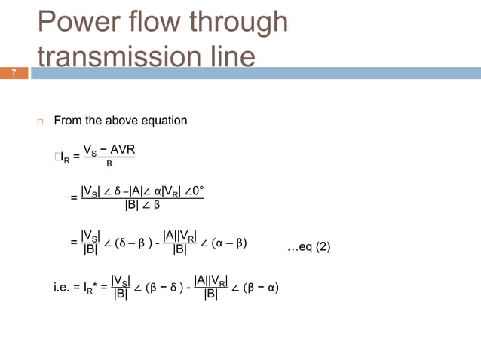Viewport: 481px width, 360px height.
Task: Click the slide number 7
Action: (x=13, y=73)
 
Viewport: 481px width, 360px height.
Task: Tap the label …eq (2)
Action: (x=309, y=246)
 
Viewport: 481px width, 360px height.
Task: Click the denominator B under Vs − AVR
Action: (x=109, y=163)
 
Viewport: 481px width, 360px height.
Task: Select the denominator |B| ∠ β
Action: (x=142, y=206)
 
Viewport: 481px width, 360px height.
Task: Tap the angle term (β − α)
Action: (x=256, y=287)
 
